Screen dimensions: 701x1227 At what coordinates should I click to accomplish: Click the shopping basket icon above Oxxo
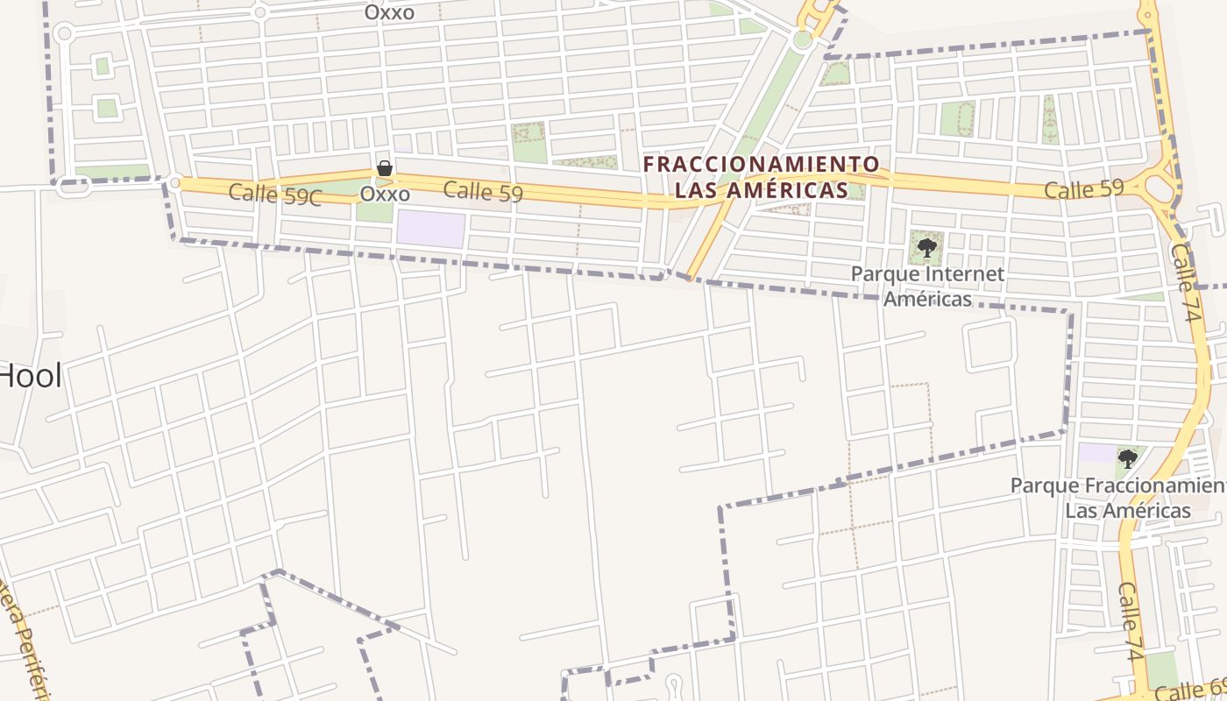pos(384,168)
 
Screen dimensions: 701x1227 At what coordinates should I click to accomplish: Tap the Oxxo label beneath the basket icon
pos(385,192)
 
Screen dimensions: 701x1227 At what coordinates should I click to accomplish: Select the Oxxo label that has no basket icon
pos(389,12)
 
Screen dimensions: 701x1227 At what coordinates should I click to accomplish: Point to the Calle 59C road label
pos(275,195)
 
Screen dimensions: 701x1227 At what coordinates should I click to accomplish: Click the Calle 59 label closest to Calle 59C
pos(483,191)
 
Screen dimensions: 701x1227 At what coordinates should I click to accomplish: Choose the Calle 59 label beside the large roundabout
pos(1084,189)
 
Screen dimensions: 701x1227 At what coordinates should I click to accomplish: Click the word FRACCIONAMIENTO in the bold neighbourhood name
pos(761,164)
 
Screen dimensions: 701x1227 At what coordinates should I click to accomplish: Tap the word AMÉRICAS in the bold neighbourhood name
pos(798,190)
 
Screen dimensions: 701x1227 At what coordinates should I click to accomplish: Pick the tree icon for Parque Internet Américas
pos(926,248)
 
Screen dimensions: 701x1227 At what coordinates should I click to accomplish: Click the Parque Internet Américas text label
pos(927,287)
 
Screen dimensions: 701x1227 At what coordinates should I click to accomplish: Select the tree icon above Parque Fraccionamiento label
pos(1128,457)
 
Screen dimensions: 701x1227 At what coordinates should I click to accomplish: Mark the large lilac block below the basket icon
pos(430,229)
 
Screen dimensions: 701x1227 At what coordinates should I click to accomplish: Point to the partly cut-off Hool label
pos(32,377)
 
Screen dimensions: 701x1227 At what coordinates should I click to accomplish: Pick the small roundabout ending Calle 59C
pos(174,183)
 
